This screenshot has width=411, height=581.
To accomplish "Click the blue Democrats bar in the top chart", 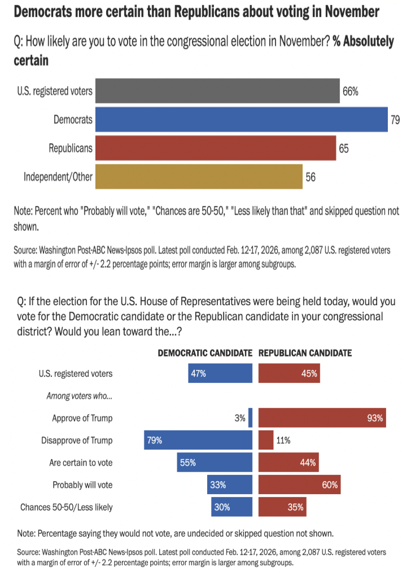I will click(241, 120).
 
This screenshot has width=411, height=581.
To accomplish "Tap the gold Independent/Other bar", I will click(199, 177).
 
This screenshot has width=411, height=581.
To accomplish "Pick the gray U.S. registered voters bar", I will click(217, 91).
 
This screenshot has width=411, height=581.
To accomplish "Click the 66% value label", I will click(351, 91).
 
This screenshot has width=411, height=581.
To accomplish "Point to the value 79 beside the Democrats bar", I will click(395, 120).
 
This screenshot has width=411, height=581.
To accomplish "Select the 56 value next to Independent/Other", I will click(311, 177).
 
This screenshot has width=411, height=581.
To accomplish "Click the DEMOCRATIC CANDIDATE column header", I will click(204, 353).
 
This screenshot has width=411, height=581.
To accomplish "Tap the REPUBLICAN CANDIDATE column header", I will click(305, 353).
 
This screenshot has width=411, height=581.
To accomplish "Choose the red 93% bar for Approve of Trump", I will click(322, 418).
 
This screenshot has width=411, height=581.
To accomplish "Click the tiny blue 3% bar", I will click(250, 418).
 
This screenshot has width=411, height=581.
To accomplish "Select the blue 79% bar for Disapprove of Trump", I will click(198, 441).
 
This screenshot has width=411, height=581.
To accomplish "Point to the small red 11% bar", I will click(265, 441).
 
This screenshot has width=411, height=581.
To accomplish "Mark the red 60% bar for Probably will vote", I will click(299, 485).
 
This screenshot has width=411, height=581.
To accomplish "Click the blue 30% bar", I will click(231, 507).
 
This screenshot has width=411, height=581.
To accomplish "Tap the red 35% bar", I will click(282, 507).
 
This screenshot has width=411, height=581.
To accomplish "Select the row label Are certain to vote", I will click(81, 463).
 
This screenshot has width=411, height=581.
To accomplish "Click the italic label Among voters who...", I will click(79, 396).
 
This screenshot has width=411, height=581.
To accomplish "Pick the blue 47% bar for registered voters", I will click(220, 373).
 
